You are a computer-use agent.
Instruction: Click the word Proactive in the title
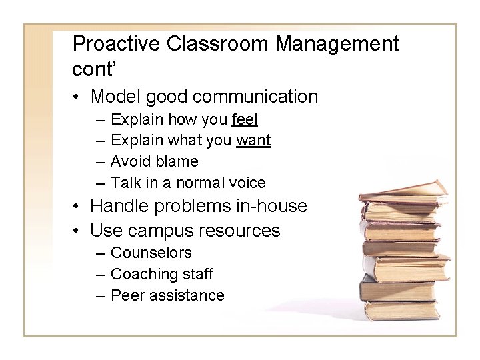116,44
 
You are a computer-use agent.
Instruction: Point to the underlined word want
253,140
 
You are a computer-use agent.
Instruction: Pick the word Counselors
151,253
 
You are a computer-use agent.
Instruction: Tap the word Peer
127,295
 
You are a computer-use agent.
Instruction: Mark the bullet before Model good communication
78,97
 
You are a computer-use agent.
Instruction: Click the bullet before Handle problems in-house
78,207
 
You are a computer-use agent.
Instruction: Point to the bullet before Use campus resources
78,231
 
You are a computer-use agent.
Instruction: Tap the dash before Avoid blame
99,161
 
